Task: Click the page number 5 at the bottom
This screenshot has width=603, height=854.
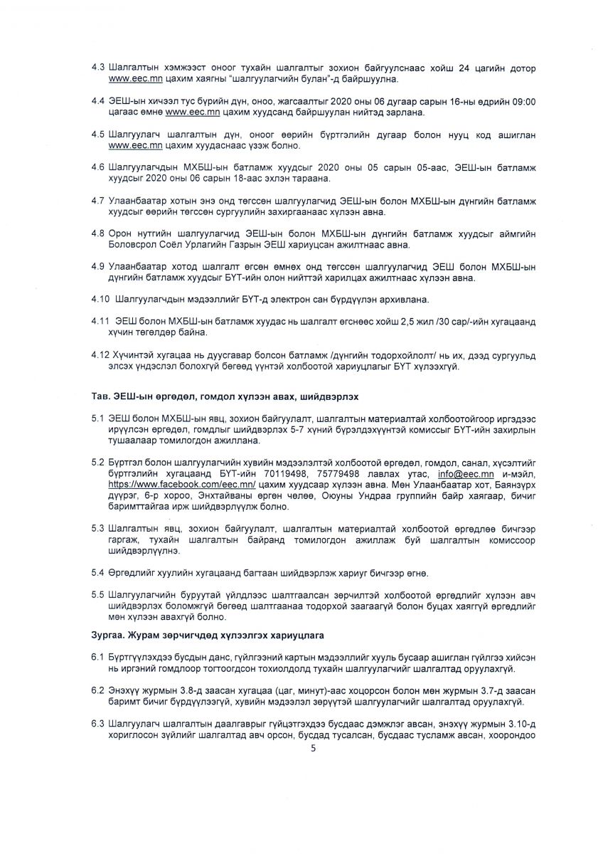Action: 312,748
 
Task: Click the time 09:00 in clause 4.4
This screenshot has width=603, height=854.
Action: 523,102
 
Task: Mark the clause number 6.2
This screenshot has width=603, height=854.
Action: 97,691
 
